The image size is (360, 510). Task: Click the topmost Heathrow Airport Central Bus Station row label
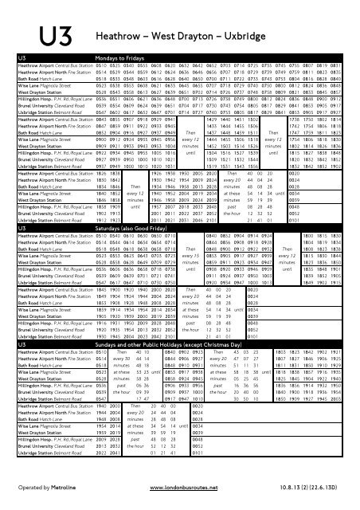tap(57, 68)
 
